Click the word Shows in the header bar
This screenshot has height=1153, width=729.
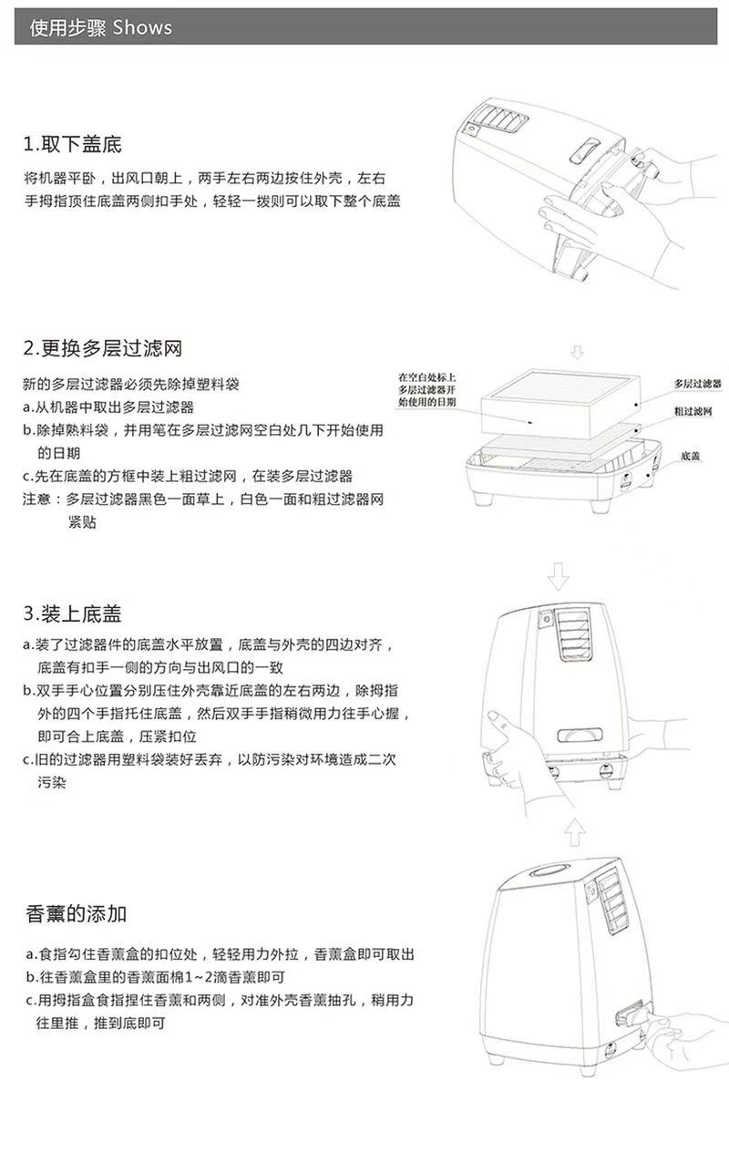142,27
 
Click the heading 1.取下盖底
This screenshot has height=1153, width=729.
73,144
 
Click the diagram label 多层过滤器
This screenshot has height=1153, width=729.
697,384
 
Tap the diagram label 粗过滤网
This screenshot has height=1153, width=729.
693,412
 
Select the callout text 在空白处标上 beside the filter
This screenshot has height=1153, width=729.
427,376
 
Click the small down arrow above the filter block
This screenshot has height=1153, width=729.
576,353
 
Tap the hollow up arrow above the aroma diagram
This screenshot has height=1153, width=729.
571,831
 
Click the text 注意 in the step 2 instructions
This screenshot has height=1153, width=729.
37,499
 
